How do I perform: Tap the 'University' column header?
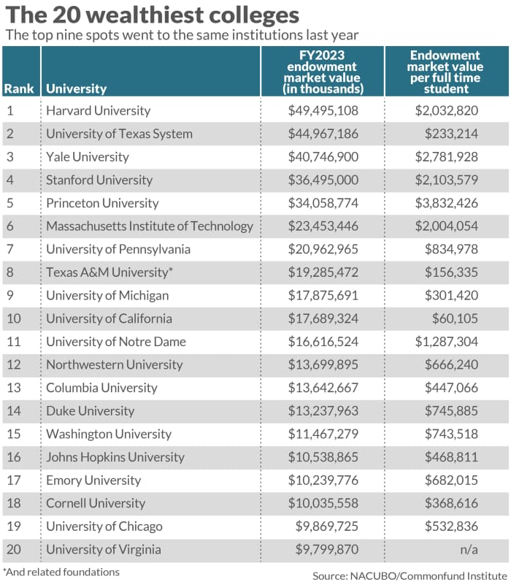(76, 89)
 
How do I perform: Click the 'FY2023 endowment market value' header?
(323, 72)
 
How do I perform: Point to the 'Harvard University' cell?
(98, 111)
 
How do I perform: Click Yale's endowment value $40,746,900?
(323, 157)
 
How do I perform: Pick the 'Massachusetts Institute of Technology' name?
(150, 226)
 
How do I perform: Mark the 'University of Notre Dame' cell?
(116, 342)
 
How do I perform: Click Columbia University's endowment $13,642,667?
(323, 388)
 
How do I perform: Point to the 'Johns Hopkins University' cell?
(115, 457)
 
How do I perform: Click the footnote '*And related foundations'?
(61, 571)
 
